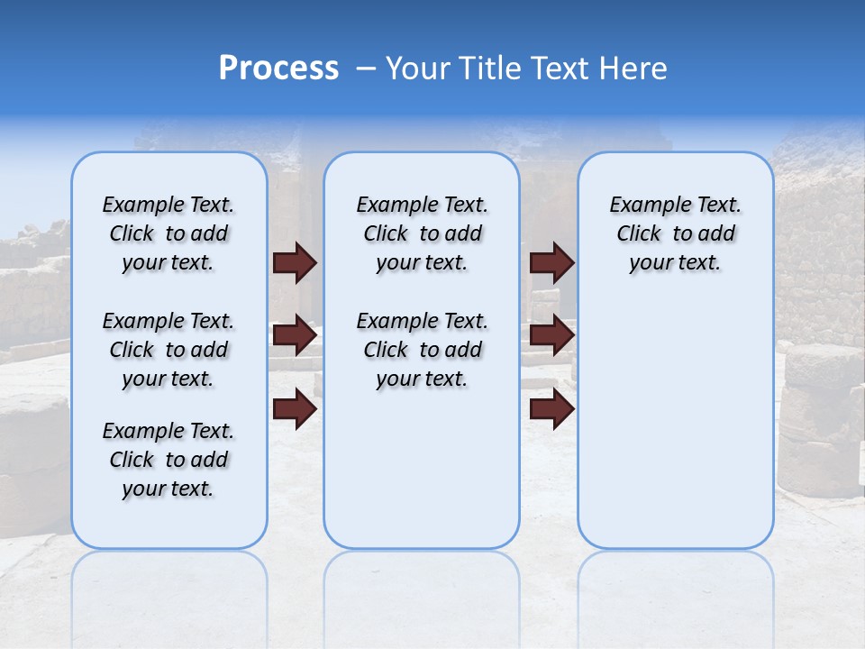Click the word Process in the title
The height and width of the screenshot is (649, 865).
tap(278, 69)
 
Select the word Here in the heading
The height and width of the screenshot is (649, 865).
tap(634, 69)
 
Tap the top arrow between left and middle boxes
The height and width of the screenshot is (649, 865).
tap(295, 262)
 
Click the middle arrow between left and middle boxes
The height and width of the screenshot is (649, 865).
tap(295, 336)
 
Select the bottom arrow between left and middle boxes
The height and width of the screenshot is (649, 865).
tap(295, 409)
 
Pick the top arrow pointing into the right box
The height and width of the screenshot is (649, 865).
tap(551, 262)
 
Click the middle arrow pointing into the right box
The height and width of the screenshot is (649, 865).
tap(551, 336)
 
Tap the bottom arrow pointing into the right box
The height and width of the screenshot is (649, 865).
tap(551, 409)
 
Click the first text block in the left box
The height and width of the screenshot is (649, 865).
tap(168, 233)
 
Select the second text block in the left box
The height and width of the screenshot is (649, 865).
tap(168, 350)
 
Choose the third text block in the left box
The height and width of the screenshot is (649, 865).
tap(168, 460)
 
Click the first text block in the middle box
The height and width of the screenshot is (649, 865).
tap(422, 233)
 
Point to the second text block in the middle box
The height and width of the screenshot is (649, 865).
tap(422, 350)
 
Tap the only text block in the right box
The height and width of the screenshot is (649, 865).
tap(675, 233)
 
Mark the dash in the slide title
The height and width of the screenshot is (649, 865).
tap(366, 69)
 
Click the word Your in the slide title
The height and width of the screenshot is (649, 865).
tap(417, 69)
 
